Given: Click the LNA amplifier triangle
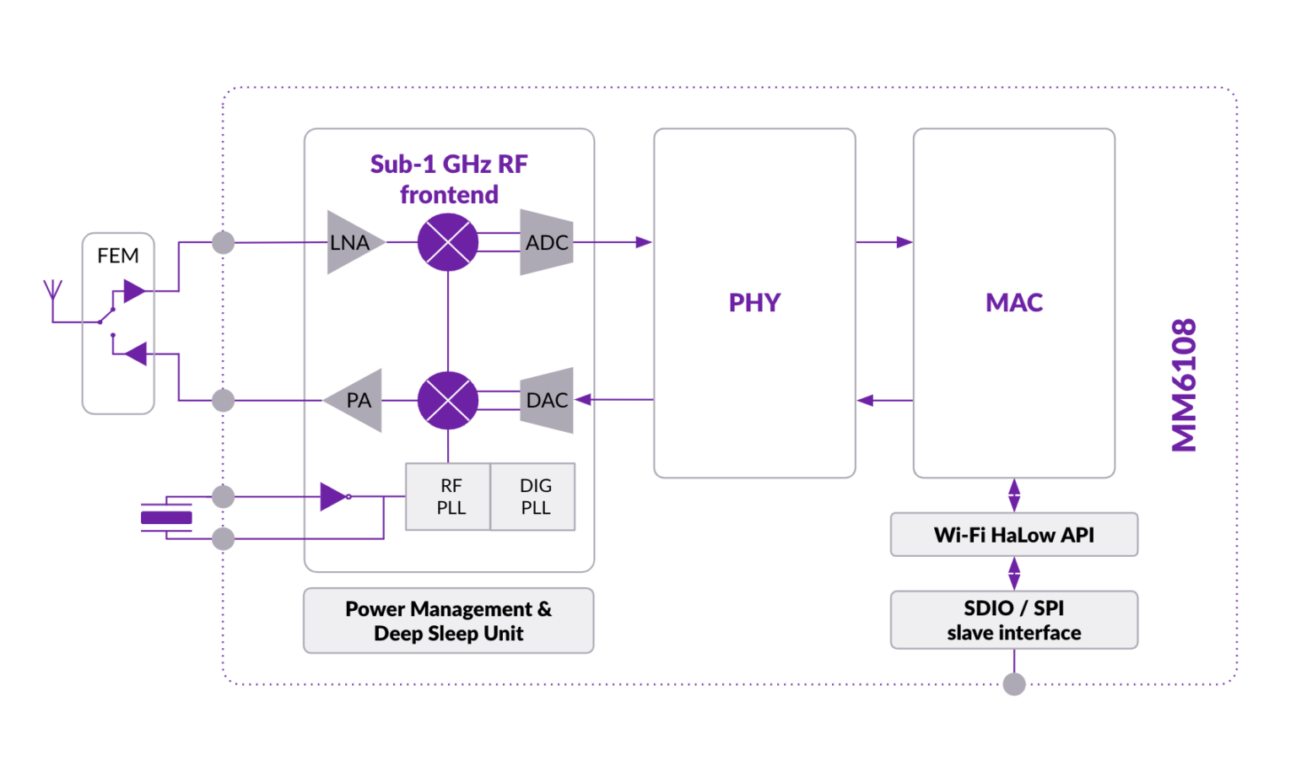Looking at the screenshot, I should [x=351, y=243].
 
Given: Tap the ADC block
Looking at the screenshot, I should [x=547, y=243].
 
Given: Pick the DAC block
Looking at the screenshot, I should [x=547, y=400].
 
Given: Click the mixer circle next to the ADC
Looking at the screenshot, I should [x=448, y=242].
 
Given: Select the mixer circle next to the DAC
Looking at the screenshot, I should [x=448, y=400].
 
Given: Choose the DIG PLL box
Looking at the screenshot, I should [x=534, y=497].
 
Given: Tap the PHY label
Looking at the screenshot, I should [x=754, y=303].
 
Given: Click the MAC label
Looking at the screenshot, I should [x=1013, y=303].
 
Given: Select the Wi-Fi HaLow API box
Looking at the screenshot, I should [x=1013, y=535].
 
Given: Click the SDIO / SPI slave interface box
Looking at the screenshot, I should [x=1013, y=620].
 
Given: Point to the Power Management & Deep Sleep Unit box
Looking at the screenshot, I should [x=448, y=621].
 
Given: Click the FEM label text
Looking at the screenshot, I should [x=118, y=256].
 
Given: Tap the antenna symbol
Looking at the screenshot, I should [x=52, y=292].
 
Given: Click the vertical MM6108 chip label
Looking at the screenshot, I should [x=1185, y=385].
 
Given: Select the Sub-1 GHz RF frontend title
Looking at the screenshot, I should [x=449, y=179].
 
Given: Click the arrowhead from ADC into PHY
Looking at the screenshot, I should [x=644, y=242].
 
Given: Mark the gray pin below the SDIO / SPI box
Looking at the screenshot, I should [x=1014, y=684].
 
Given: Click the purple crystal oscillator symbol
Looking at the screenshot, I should [x=166, y=517].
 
